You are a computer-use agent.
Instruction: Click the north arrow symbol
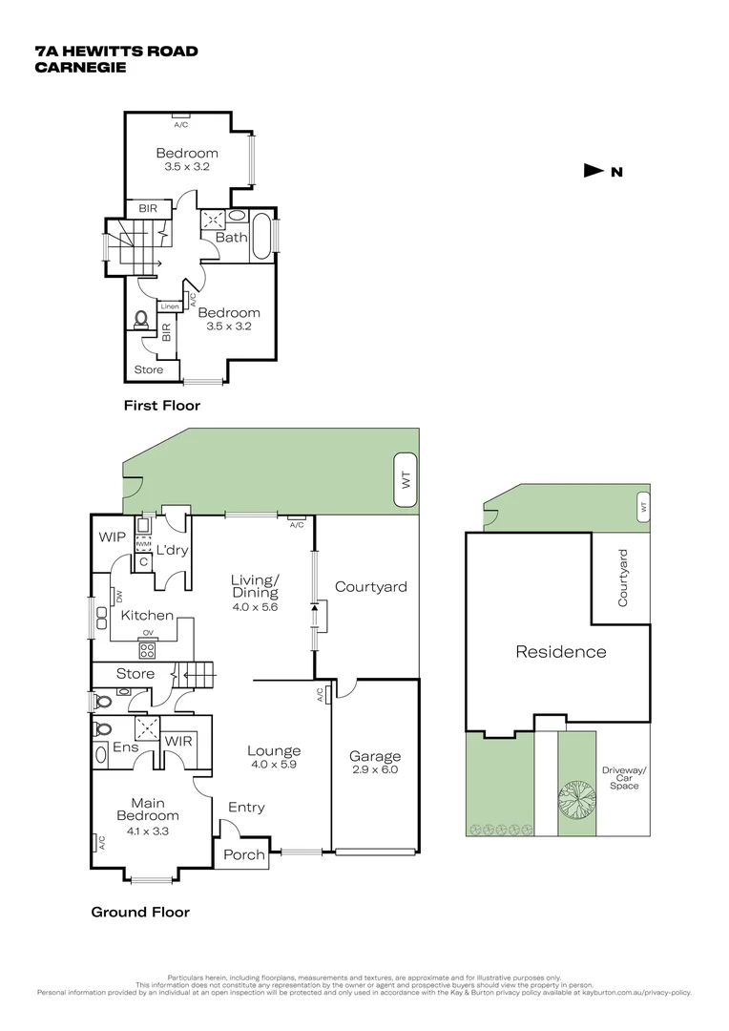pos(594,171)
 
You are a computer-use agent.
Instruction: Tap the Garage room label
pos(374,756)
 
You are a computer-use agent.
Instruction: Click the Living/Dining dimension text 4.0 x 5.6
pos(254,607)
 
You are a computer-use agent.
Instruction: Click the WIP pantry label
pos(112,537)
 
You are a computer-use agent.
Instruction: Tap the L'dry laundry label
pos(172,551)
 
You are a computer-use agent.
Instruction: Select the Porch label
pos(243,854)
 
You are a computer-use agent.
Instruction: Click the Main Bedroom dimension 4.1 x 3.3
pos(148,831)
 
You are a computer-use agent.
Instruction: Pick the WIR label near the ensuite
pos(178,741)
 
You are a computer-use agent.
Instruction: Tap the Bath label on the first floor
pos(231,237)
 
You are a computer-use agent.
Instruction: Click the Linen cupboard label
pos(170,306)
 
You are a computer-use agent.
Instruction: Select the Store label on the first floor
pos(148,369)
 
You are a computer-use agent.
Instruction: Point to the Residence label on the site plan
pos(560,652)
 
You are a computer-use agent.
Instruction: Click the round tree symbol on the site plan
pos(575,795)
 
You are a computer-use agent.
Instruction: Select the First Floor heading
pos(162,406)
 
